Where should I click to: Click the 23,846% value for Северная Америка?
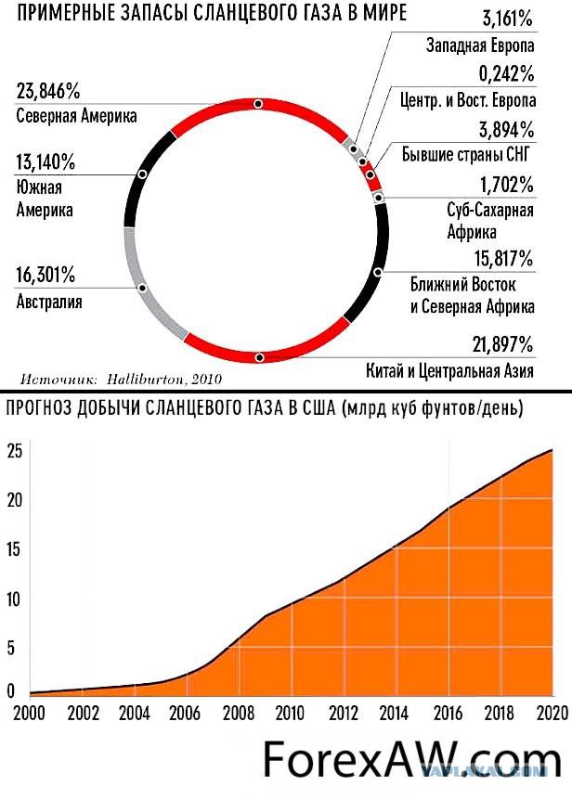(49, 92)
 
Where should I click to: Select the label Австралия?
(49, 302)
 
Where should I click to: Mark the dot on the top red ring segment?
(258, 104)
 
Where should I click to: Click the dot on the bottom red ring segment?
(259, 357)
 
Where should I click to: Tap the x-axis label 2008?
(239, 712)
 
